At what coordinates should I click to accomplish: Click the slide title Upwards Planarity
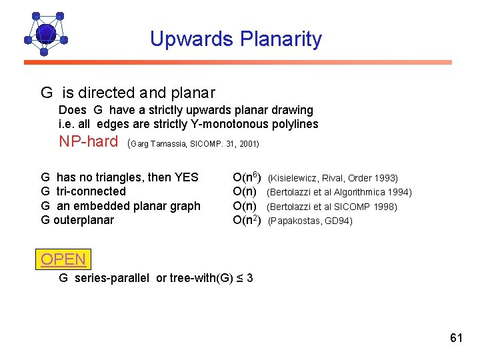235,39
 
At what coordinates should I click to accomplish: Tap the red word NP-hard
88,141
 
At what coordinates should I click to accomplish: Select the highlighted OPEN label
63,259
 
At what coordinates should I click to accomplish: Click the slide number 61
456,338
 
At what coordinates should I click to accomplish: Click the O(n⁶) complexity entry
246,177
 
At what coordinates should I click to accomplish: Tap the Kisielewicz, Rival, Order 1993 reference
333,178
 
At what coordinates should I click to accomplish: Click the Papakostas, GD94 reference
310,221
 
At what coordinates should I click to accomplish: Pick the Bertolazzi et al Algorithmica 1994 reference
339,193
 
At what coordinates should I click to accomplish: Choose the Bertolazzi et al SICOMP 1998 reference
332,207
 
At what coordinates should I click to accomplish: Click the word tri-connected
91,191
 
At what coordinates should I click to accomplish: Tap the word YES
186,177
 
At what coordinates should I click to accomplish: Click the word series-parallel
113,278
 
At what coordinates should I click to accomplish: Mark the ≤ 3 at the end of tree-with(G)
245,278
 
